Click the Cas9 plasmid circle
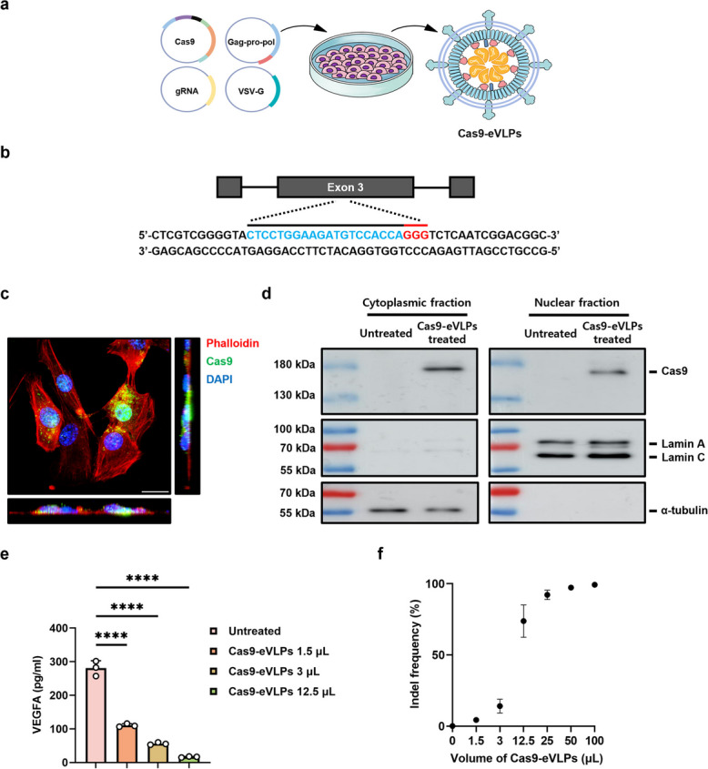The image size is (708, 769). click(x=162, y=42)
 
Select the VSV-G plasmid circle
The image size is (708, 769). click(x=226, y=91)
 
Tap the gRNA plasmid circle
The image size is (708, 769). click(x=162, y=91)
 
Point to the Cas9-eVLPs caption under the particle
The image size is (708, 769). click(x=490, y=134)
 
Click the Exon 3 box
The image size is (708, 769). click(x=346, y=187)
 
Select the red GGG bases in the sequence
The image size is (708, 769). click(x=416, y=235)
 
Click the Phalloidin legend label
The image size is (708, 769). click(x=232, y=343)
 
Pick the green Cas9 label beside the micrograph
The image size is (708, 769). click(x=219, y=361)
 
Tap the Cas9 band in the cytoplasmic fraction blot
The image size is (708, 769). click(x=443, y=369)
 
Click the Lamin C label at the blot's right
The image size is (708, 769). click(x=683, y=458)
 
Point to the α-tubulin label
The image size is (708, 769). click(x=684, y=511)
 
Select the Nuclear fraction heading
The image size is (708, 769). click(x=577, y=303)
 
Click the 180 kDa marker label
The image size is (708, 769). click(x=294, y=364)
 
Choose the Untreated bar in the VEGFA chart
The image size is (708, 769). click(x=96, y=715)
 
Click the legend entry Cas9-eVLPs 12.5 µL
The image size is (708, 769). click(x=281, y=692)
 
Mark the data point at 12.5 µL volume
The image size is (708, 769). click(x=523, y=621)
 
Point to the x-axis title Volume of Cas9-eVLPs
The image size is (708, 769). click(x=527, y=758)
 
